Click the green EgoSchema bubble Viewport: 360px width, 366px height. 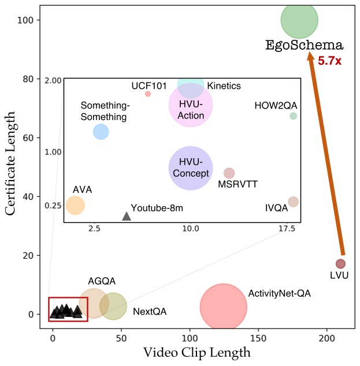[x=299, y=20]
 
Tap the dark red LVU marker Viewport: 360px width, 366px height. [x=340, y=264]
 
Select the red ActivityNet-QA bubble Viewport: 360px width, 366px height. [x=223, y=307]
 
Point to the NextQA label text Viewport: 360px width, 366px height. [x=149, y=312]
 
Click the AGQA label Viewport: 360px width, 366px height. [x=102, y=281]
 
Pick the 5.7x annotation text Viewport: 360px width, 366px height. [x=330, y=59]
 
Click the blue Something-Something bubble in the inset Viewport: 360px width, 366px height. [x=101, y=132]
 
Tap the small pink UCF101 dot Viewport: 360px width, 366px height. [x=148, y=94]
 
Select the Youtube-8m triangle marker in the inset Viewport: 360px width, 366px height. [x=127, y=216]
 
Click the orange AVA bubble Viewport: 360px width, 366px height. [x=75, y=205]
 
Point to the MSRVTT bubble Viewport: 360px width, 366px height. [x=229, y=173]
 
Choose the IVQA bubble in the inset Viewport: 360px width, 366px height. [x=293, y=201]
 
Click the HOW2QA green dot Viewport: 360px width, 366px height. [x=293, y=116]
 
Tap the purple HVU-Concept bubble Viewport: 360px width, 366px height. [x=191, y=168]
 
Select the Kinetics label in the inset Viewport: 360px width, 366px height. [x=224, y=85]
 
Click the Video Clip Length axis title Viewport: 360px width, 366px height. [x=197, y=352]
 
